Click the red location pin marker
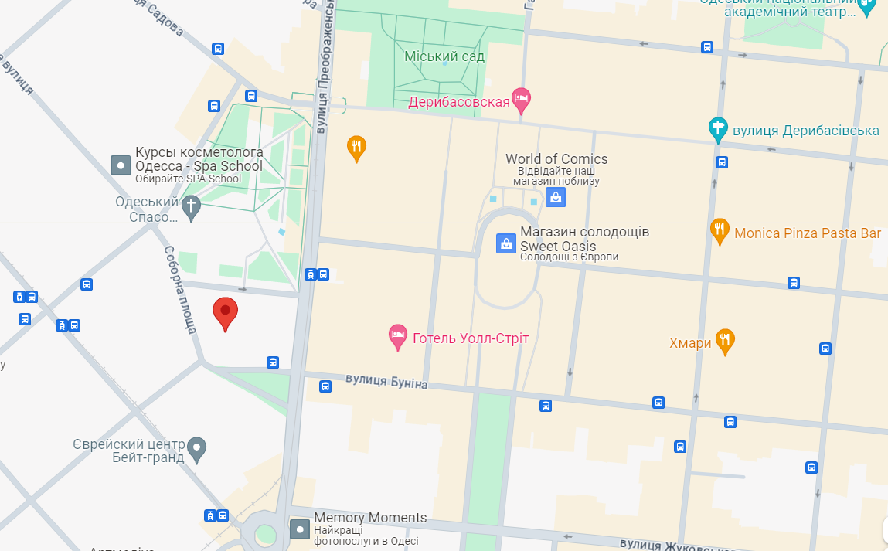(225, 312)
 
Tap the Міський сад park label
(444, 56)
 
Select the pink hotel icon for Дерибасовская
(522, 99)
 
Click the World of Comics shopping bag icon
(555, 197)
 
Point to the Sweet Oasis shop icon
(505, 243)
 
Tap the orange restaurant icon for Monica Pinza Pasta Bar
(720, 230)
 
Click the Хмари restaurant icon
(725, 340)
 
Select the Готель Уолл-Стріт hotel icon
(397, 336)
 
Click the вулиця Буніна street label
(386, 381)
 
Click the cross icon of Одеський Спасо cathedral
(191, 206)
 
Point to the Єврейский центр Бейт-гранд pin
(198, 448)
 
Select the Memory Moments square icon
(300, 529)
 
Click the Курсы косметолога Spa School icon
(121, 165)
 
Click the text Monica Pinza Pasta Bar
(808, 233)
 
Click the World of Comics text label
(556, 159)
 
